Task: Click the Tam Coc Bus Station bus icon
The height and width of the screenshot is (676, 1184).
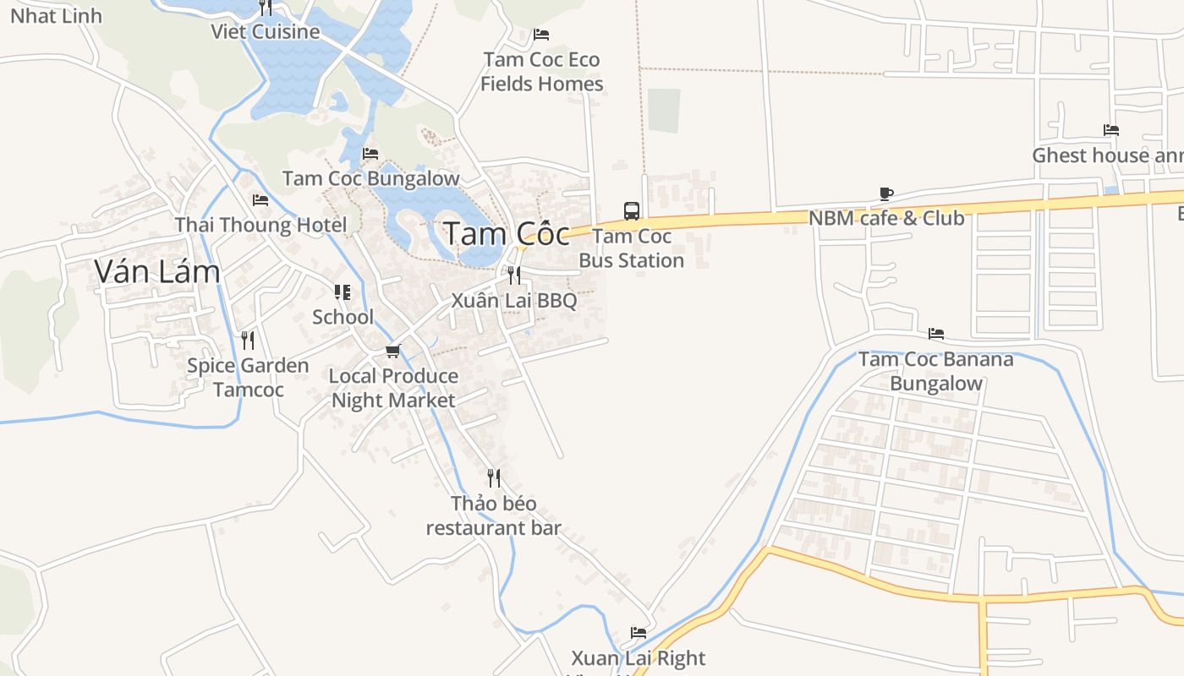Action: click(x=632, y=211)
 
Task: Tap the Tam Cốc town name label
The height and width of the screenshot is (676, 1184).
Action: click(x=507, y=234)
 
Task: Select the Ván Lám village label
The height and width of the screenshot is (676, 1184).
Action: click(x=157, y=271)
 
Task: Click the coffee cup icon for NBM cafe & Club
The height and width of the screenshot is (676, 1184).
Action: click(x=886, y=194)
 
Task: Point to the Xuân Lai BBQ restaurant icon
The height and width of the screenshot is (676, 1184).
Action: click(x=513, y=275)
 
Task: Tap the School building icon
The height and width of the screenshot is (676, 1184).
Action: click(x=343, y=292)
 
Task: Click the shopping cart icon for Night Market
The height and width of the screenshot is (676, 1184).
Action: click(x=392, y=351)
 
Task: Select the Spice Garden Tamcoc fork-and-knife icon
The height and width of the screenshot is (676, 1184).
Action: click(x=248, y=341)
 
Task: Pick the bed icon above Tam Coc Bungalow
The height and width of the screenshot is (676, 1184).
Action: click(x=370, y=154)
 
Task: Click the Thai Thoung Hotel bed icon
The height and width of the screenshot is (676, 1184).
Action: click(x=260, y=200)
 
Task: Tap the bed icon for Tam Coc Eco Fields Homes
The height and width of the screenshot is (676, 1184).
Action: click(x=541, y=35)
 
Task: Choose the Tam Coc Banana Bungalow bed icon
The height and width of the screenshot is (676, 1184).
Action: click(x=935, y=334)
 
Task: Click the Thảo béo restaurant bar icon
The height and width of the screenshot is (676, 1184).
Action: click(x=494, y=478)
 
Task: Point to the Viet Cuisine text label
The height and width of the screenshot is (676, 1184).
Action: click(x=266, y=32)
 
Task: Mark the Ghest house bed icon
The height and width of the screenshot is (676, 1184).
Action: click(x=1111, y=130)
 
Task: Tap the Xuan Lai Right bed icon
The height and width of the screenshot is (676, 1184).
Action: click(x=639, y=633)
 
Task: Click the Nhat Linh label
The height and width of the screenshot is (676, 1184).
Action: click(x=56, y=15)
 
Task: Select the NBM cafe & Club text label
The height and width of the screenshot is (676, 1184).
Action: click(x=886, y=218)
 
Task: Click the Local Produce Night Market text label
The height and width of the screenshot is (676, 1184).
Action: click(x=393, y=388)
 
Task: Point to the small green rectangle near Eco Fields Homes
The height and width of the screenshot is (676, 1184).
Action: click(x=665, y=111)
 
